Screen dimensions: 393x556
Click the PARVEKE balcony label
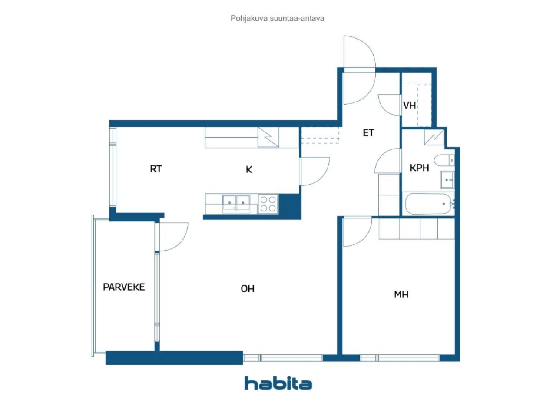click(x=124, y=287)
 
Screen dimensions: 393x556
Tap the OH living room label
click(x=248, y=289)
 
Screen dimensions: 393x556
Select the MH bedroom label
click(x=401, y=295)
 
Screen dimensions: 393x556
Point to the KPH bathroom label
click(x=419, y=168)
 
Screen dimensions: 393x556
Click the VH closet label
click(x=409, y=106)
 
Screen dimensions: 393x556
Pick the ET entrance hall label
click(x=368, y=133)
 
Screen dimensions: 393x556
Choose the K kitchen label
click(x=249, y=170)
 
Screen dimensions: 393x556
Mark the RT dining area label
click(x=156, y=169)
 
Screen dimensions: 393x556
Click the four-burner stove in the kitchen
click(x=268, y=204)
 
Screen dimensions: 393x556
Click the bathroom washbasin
click(x=447, y=179)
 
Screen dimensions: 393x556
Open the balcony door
click(x=172, y=237)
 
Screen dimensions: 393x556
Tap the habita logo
click(x=278, y=383)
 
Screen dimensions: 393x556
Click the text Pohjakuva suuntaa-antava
click(x=278, y=19)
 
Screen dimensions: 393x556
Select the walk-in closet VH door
click(x=390, y=104)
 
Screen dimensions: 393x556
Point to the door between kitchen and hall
click(x=314, y=172)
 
